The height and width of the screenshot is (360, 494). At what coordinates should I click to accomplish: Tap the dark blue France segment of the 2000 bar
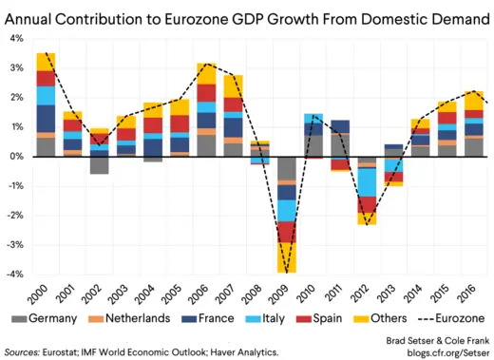click(x=45, y=118)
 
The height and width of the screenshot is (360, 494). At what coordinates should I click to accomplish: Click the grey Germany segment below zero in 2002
click(x=99, y=165)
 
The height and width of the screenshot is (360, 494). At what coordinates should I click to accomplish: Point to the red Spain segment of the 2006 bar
click(x=206, y=92)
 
